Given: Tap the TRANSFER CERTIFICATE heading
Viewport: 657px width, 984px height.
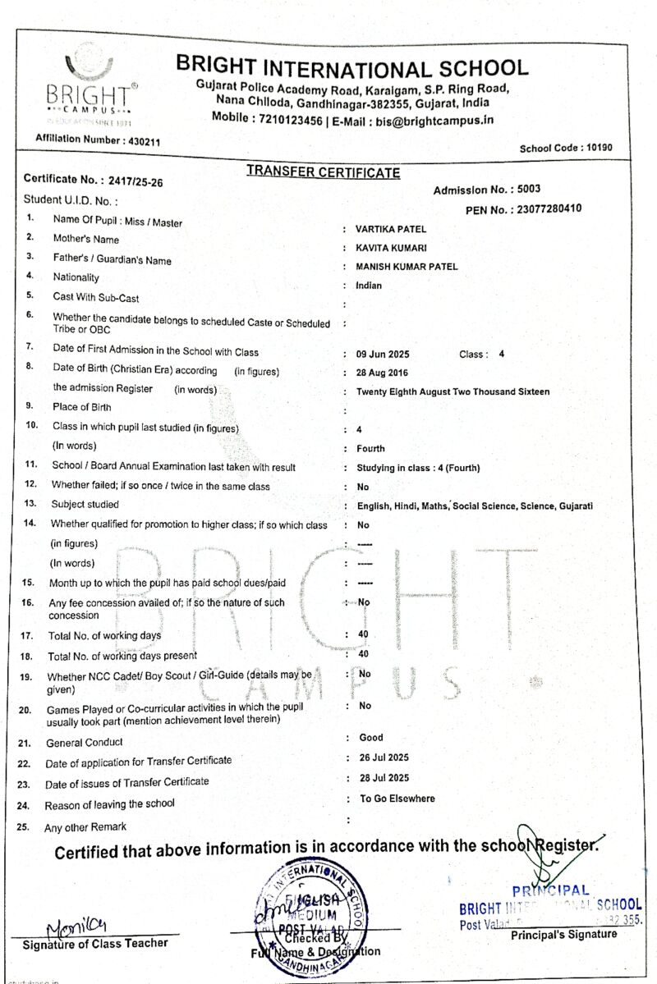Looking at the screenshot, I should click(x=324, y=172).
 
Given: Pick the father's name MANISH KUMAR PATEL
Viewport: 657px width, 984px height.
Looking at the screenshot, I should click(x=407, y=267).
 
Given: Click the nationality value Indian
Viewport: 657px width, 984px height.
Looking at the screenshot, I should click(x=369, y=286).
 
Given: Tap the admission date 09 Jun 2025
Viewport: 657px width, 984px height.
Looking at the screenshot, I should click(x=383, y=355).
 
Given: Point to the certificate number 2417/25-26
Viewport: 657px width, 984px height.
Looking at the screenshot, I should click(x=131, y=181).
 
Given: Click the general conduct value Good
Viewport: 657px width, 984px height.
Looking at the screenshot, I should click(x=371, y=738).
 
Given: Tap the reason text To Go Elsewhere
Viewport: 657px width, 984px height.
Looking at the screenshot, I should click(x=397, y=799).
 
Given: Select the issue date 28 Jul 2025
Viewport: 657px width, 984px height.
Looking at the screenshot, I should click(x=384, y=778).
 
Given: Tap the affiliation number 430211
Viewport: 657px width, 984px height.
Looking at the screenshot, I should click(x=143, y=141).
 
